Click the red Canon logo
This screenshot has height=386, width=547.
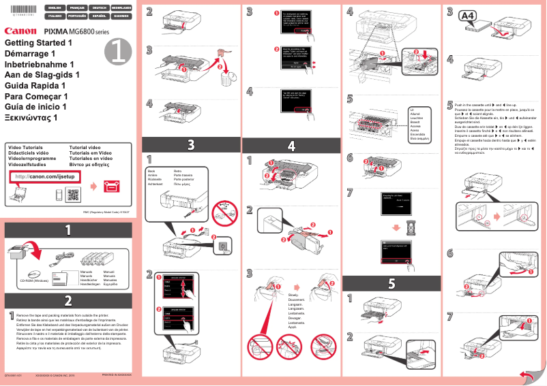[x=21, y=31]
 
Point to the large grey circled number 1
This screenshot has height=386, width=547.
[x=118, y=50]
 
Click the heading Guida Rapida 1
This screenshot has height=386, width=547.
[x=35, y=86]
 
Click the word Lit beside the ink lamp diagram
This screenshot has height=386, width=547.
[x=412, y=109]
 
